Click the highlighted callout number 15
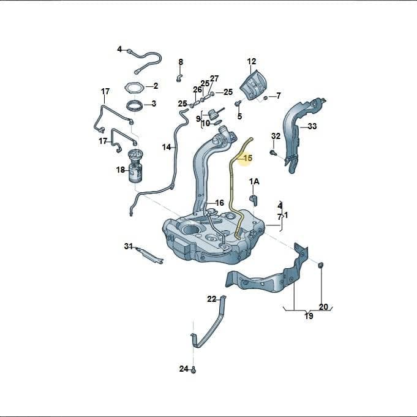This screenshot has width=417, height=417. pyautogui.click(x=247, y=158)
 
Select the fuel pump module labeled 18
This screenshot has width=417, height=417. pyautogui.click(x=135, y=166)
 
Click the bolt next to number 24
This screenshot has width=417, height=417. pyautogui.click(x=193, y=370)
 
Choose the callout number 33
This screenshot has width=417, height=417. pyautogui.click(x=312, y=126)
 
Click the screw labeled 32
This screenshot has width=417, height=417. pyautogui.click(x=272, y=152)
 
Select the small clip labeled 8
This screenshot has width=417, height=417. pyautogui.click(x=179, y=78)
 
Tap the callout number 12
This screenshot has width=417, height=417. pyautogui.click(x=252, y=61)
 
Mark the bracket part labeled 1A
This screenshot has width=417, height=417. pyautogui.click(x=254, y=200)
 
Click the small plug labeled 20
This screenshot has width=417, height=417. pyautogui.click(x=321, y=265)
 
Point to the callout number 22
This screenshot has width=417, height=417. pyautogui.click(x=212, y=299)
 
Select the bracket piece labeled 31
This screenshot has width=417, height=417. pyautogui.click(x=149, y=255)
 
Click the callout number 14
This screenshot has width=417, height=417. pyautogui.click(x=167, y=147)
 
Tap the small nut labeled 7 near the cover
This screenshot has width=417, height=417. pyautogui.click(x=265, y=98)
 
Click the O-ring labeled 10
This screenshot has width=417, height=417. pyautogui.click(x=217, y=122)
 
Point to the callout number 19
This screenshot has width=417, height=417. pyautogui.click(x=309, y=316)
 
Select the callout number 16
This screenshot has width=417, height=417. pyautogui.click(x=219, y=203)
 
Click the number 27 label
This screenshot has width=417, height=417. pyautogui.click(x=214, y=78)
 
